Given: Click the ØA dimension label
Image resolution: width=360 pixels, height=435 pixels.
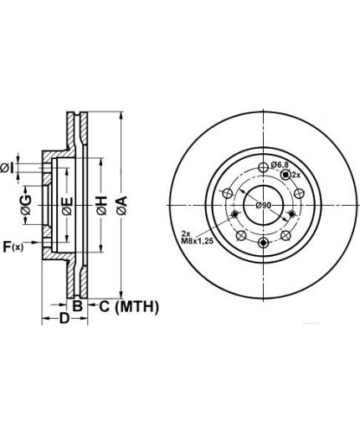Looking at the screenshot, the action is click(x=122, y=206).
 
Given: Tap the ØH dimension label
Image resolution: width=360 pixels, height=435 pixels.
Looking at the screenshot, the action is click(x=102, y=206).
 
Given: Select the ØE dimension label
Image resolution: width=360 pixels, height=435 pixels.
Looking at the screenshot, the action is click(x=68, y=206).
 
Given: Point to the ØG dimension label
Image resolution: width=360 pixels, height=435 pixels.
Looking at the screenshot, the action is click(x=26, y=205).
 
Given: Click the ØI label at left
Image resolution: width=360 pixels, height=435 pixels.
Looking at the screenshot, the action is click(x=7, y=168).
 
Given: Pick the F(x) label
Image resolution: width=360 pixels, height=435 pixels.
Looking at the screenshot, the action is click(x=13, y=247).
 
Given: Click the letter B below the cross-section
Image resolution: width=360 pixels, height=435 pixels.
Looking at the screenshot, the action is click(x=78, y=306).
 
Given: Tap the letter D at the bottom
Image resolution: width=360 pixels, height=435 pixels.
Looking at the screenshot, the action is click(x=64, y=318).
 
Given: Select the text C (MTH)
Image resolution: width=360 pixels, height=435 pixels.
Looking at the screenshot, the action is click(x=129, y=307).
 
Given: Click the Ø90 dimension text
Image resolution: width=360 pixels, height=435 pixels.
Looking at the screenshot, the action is click(x=264, y=206).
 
